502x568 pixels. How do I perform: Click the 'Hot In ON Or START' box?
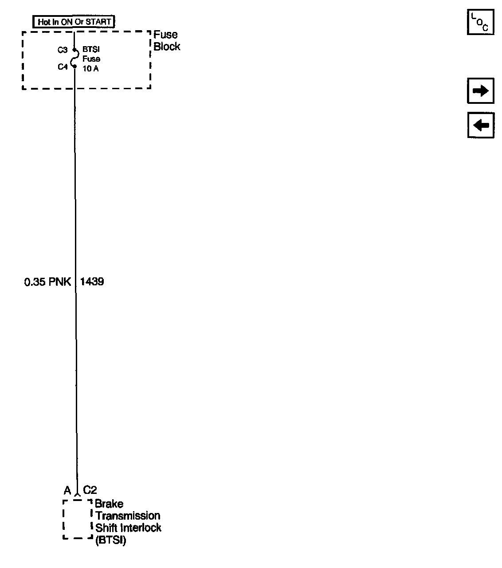coord(74,22)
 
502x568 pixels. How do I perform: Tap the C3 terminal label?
coord(62,50)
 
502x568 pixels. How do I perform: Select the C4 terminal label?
coord(62,67)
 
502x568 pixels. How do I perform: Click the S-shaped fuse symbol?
coord(75,59)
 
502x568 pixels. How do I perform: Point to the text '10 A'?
coord(90,68)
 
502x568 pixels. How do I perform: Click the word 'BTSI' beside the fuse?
coord(91,50)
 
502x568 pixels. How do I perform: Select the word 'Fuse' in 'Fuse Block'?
coord(165,35)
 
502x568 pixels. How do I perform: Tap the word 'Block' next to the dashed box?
coord(167,47)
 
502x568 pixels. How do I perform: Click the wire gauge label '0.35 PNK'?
coord(47,282)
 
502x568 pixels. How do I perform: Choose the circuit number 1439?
coord(92,282)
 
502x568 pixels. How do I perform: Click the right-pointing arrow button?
coord(480,91)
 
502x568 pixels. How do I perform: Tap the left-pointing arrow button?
coord(480,125)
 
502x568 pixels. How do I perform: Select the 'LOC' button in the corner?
coord(480,22)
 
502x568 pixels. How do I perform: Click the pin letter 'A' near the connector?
coord(67,490)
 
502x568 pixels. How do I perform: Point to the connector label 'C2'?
coord(90,490)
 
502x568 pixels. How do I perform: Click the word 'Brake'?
coord(109,504)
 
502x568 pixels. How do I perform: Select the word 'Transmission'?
coord(128,516)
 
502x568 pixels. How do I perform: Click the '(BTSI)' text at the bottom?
coord(110,540)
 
